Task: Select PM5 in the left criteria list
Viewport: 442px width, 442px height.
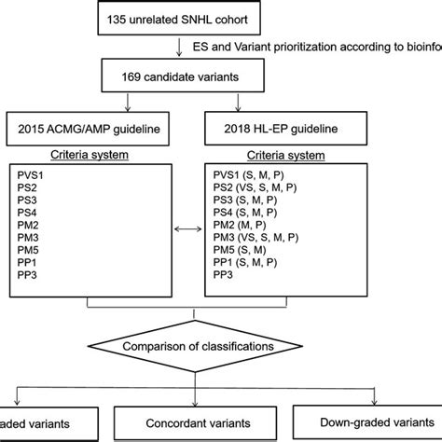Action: pyautogui.click(x=33, y=254)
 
